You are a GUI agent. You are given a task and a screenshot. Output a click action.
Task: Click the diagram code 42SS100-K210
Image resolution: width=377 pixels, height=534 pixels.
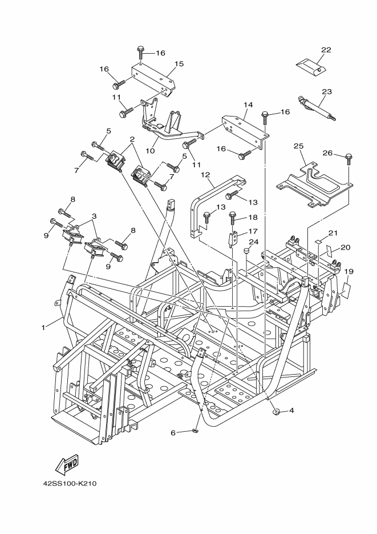(x=70, y=483)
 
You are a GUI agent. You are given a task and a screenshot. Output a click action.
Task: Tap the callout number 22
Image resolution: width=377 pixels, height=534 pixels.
(x=326, y=50)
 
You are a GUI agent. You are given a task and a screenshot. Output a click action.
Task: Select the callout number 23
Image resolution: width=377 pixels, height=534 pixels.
(x=327, y=91)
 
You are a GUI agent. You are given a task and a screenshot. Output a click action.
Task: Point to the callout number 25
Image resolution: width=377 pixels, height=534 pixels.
(x=298, y=147)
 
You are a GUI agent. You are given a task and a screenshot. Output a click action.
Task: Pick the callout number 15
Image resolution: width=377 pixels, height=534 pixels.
(x=179, y=64)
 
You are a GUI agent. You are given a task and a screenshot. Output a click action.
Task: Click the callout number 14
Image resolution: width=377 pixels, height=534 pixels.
(x=248, y=105)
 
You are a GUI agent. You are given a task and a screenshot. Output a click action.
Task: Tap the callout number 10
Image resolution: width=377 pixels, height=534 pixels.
(x=150, y=151)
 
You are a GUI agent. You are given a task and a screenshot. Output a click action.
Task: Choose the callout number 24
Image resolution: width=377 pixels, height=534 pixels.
(x=254, y=242)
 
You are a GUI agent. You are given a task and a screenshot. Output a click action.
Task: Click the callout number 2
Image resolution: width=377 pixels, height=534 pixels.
(x=132, y=139)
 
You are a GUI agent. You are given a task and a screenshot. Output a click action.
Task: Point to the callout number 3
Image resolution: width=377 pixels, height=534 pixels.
(x=94, y=216)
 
